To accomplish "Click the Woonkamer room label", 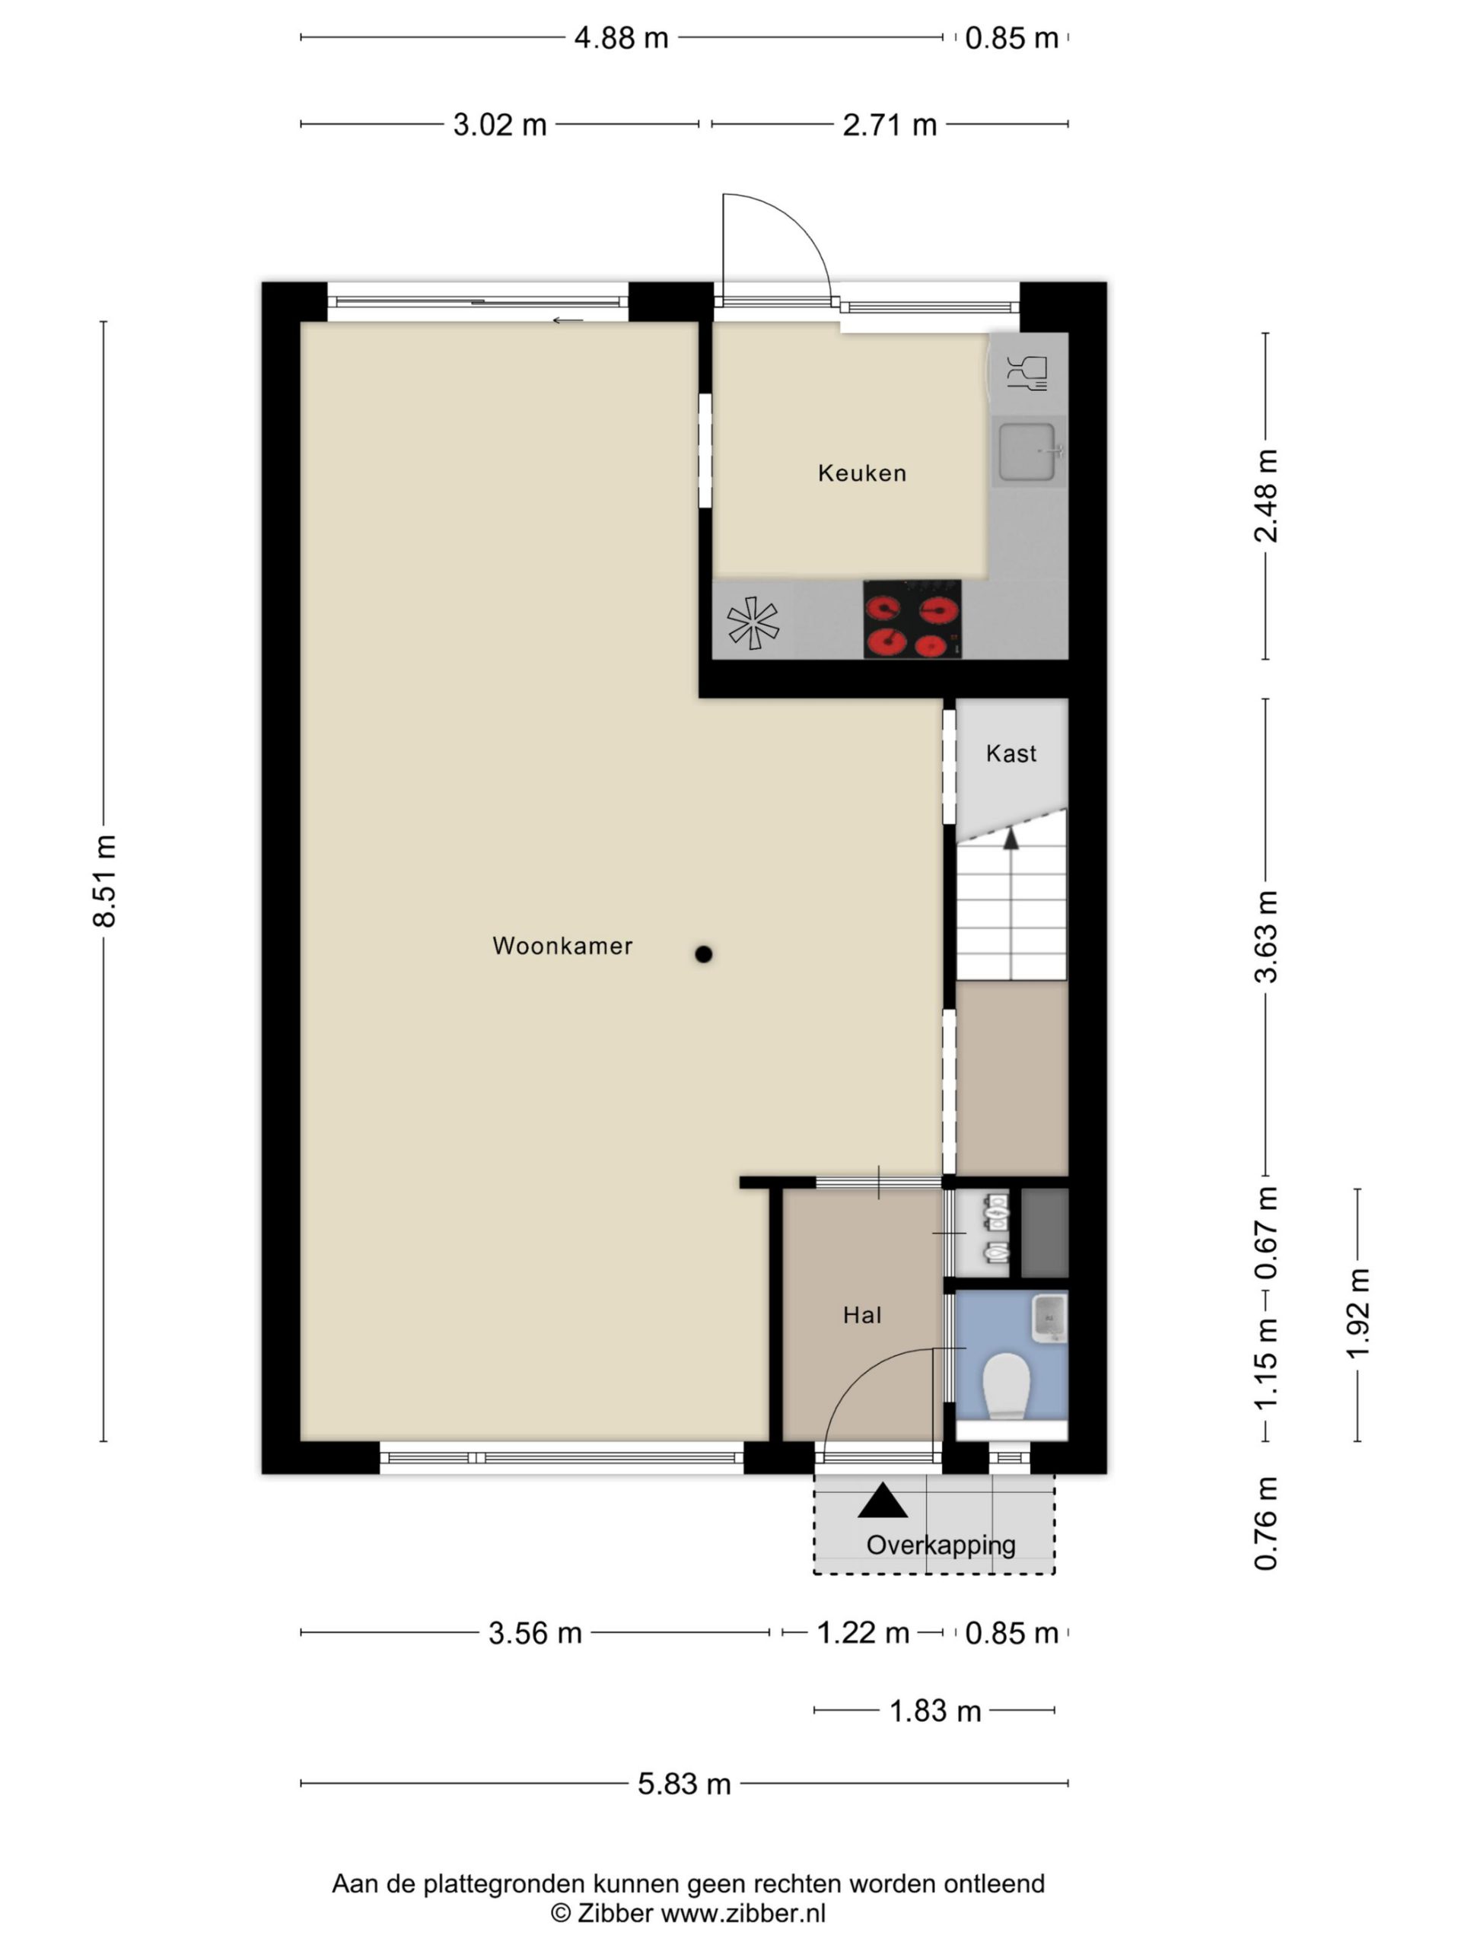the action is coord(562,946).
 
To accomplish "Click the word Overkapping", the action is coord(941,1545).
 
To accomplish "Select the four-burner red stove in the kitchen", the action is coord(912,619).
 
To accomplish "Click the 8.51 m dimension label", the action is coord(104,880).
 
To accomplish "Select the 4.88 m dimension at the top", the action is coord(621,39).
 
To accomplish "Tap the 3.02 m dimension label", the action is coord(499,125).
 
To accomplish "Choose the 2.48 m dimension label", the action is coord(1265,496).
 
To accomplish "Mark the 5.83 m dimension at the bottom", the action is coord(684,1784).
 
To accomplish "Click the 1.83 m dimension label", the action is coord(934,1711).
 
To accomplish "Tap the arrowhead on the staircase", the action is coord(1011,839).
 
